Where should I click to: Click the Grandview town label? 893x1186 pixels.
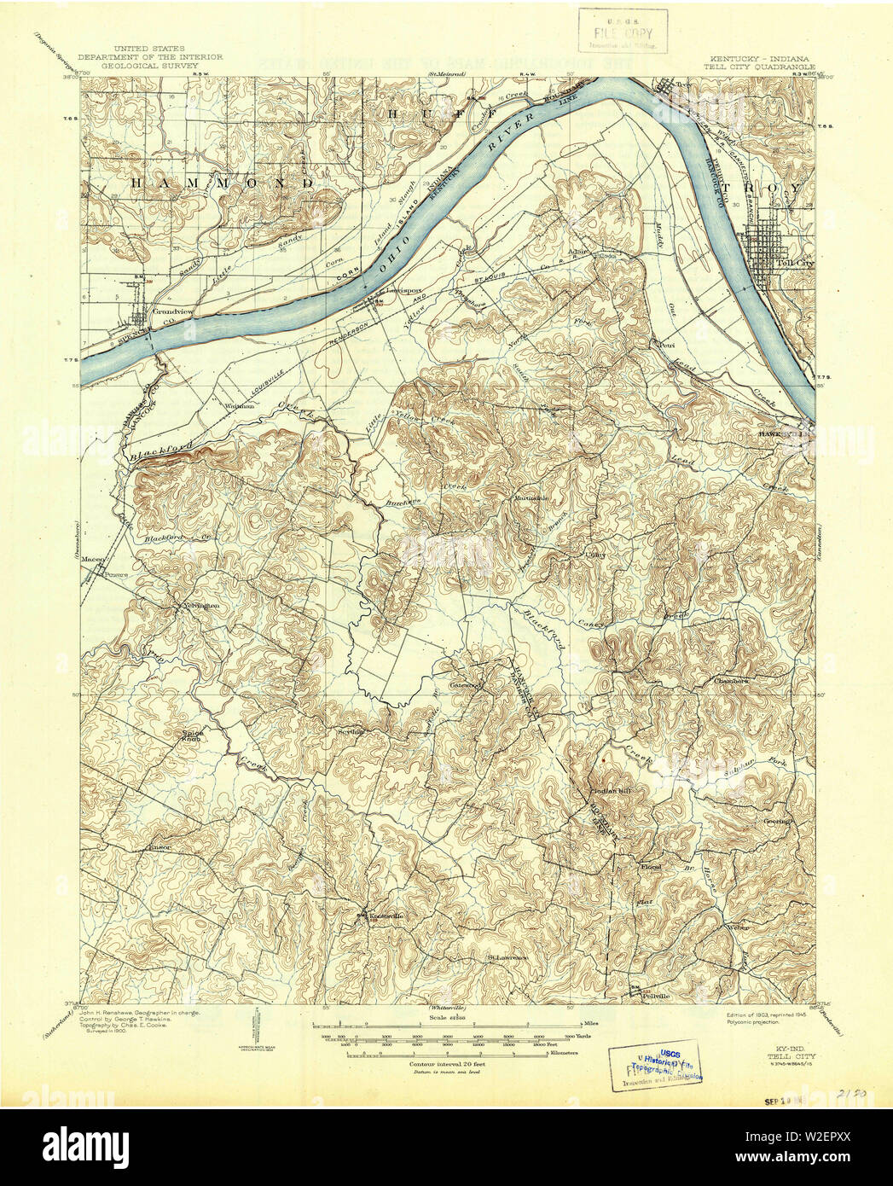[x=168, y=312]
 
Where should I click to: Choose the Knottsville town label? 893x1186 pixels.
[x=386, y=916]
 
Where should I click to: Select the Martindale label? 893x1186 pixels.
[x=529, y=497]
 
